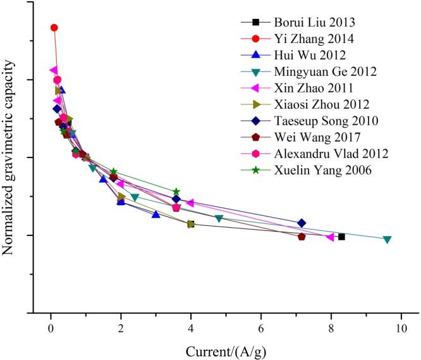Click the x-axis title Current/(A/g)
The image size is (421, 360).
coord(226,349)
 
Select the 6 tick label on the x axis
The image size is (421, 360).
coord(261,327)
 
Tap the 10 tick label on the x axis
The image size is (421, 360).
coord(401,327)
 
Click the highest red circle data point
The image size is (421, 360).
coord(54,28)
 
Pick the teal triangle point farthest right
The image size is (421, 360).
coord(387,239)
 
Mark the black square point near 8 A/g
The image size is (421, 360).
coord(341,237)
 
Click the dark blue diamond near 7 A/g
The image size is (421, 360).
coord(302,223)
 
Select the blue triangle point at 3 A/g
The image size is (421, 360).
coord(156,214)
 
